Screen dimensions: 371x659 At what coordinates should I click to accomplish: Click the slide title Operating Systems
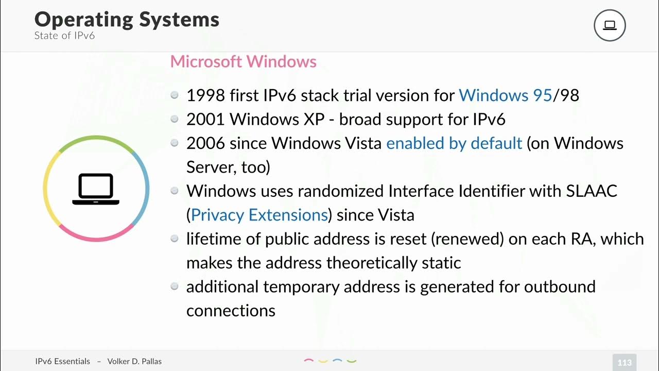[x=127, y=20]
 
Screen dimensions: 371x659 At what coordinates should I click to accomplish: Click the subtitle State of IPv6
[x=64, y=36]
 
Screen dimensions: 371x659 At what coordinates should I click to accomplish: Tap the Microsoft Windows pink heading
[x=243, y=61]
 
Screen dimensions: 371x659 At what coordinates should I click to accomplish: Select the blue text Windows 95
[x=505, y=95]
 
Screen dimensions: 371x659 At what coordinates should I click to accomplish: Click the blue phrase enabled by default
[x=454, y=143]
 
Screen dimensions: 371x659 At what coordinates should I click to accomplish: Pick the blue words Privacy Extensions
[x=259, y=214]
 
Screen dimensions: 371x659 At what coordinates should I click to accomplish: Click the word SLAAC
[x=592, y=191]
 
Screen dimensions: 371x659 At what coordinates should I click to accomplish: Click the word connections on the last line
[x=231, y=310]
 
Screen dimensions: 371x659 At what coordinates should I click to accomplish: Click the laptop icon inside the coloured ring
[x=96, y=189]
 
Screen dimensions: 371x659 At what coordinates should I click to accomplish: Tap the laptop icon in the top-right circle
[x=610, y=25]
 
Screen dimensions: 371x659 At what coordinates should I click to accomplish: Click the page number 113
[x=625, y=362]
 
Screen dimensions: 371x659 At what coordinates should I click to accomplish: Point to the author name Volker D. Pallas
[x=134, y=361]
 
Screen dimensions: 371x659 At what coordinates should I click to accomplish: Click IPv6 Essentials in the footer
[x=62, y=361]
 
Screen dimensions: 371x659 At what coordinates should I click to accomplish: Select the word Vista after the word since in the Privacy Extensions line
[x=396, y=214]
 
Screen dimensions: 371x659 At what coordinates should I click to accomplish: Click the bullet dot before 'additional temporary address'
[x=175, y=286]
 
